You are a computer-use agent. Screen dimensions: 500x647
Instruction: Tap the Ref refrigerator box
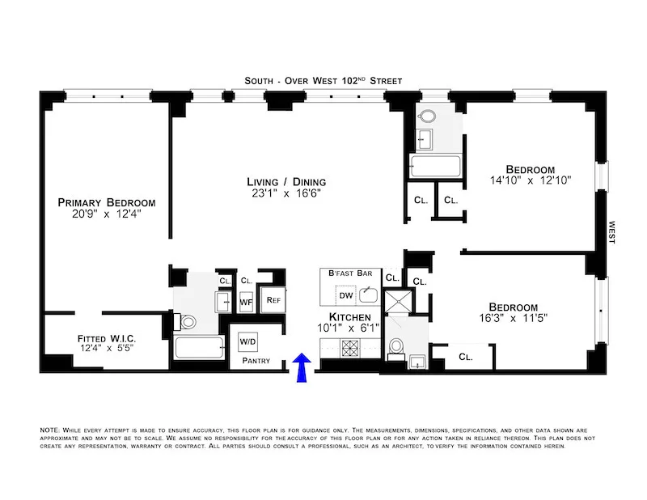(273, 300)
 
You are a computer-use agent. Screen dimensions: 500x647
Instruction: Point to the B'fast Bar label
(349, 274)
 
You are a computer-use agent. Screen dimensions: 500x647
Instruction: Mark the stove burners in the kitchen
(352, 348)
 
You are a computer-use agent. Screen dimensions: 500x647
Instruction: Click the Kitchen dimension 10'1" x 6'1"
(350, 328)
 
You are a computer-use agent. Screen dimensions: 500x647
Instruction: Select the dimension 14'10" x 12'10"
(531, 181)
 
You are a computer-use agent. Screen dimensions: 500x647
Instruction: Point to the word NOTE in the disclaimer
(49, 430)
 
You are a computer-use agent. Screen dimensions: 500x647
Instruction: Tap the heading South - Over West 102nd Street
(323, 81)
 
